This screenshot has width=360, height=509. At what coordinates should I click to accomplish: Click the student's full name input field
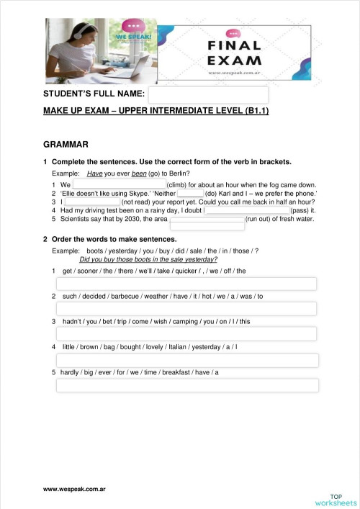click(208, 94)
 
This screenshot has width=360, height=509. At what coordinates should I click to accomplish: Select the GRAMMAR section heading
click(66, 144)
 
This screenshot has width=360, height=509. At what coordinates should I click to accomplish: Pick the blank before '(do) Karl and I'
click(191, 194)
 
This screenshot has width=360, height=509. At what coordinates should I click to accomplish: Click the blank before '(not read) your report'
click(93, 202)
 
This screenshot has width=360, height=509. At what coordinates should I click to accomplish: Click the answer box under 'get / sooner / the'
click(186, 284)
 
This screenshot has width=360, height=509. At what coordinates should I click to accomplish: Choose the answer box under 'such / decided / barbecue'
click(186, 309)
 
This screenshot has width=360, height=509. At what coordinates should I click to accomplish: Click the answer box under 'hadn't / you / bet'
click(186, 334)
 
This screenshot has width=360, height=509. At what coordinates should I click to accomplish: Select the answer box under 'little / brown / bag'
click(186, 360)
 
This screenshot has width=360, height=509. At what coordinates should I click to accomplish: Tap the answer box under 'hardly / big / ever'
click(186, 385)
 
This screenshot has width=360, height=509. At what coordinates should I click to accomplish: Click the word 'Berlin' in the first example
click(179, 174)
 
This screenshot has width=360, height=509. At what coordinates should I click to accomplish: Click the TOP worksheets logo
click(336, 499)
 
